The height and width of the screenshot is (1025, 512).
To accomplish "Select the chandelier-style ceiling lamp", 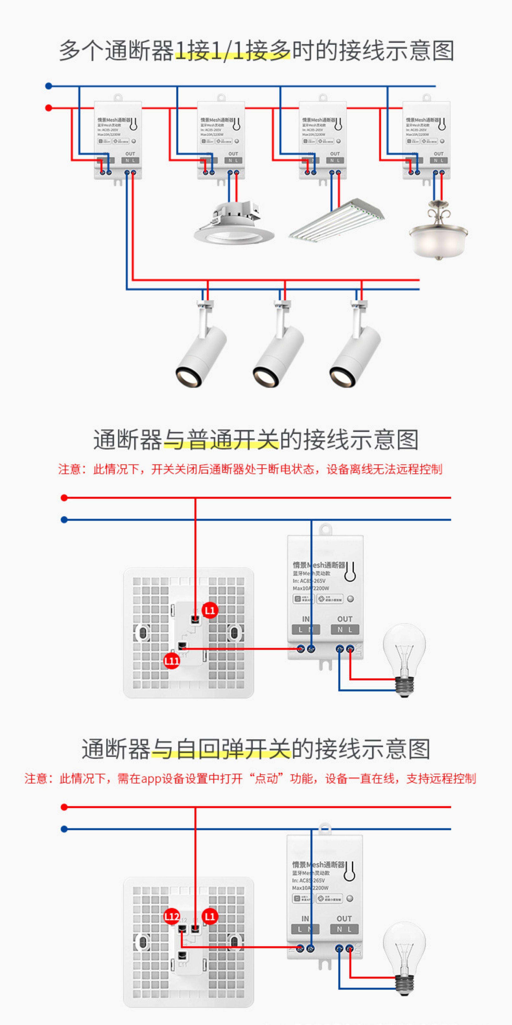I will click(439, 233).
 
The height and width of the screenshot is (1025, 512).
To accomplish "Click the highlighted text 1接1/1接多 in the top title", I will click(232, 51).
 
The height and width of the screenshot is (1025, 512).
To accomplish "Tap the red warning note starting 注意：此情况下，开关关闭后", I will click(250, 470).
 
